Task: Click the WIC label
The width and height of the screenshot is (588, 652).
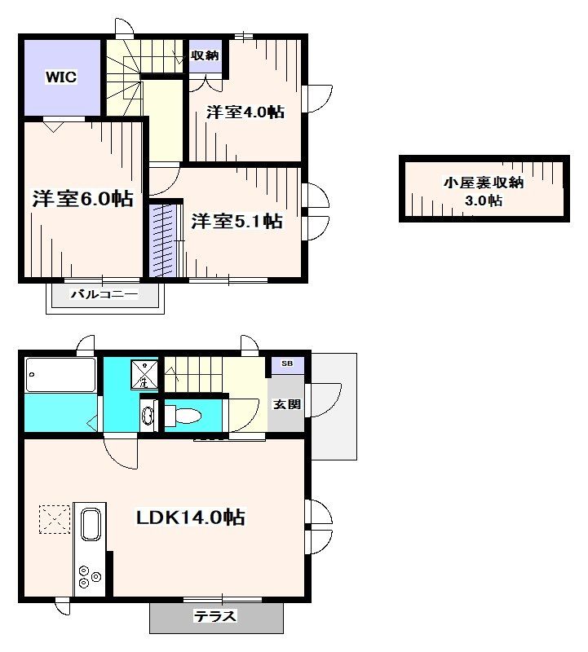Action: (x=60, y=78)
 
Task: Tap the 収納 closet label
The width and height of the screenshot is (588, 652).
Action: (x=205, y=55)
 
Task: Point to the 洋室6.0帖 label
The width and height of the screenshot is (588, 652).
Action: (x=82, y=198)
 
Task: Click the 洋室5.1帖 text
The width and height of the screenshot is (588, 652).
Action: (x=237, y=221)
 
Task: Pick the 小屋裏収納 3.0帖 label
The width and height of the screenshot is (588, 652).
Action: (x=483, y=192)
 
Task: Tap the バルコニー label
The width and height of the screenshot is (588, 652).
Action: (x=104, y=294)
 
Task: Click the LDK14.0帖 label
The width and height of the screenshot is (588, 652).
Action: (x=189, y=516)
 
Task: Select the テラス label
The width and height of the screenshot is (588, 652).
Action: (x=214, y=616)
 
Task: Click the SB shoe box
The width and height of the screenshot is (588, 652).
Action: (x=287, y=363)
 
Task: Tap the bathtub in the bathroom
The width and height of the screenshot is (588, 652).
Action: (x=60, y=376)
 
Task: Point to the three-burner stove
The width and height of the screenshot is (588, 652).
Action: (x=87, y=576)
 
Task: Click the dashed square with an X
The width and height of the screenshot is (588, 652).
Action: (x=55, y=519)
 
